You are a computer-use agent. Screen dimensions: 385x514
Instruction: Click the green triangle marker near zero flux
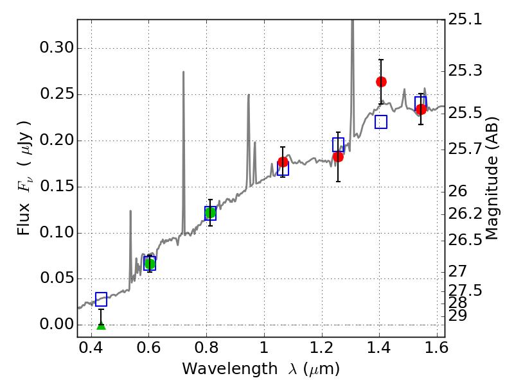tap(101, 325)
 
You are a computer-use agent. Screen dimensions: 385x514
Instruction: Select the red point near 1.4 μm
tap(381, 81)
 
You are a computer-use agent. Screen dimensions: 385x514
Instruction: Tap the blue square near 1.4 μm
tap(381, 122)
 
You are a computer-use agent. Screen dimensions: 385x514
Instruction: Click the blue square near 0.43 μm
tap(101, 299)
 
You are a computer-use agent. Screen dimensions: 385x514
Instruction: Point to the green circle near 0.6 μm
tap(150, 264)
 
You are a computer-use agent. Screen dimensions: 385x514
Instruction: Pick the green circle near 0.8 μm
tap(210, 212)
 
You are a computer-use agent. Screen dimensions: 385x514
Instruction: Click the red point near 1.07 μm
tap(283, 162)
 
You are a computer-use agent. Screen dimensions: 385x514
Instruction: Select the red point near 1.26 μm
tap(338, 157)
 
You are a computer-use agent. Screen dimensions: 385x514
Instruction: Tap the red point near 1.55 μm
tap(421, 109)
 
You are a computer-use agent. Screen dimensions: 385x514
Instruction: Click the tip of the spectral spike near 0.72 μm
tap(183, 72)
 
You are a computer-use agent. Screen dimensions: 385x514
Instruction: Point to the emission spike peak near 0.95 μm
tap(249, 95)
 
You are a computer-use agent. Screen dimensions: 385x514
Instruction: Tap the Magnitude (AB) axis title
tap(492, 178)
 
